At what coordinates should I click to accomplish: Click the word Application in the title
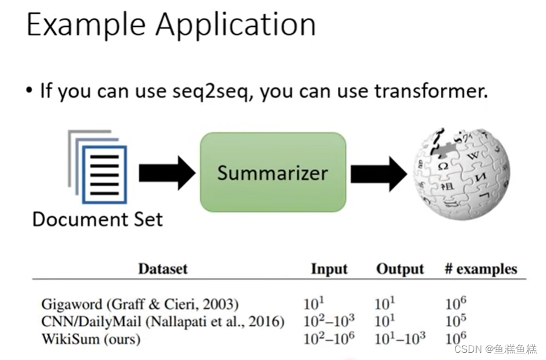[235, 26]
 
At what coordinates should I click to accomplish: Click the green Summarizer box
[273, 172]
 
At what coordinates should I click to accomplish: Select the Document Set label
[97, 219]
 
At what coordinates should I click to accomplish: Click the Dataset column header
[163, 269]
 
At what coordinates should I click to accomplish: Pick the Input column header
[329, 269]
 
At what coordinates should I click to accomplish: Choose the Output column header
[400, 269]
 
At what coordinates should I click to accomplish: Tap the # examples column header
[480, 269]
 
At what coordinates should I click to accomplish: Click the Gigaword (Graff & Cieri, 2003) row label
[140, 303]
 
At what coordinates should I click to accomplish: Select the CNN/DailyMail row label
[162, 321]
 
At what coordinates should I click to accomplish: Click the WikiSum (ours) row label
[90, 339]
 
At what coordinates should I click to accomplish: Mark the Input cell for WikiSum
[329, 338]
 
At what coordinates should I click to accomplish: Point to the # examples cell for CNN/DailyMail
[456, 321]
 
